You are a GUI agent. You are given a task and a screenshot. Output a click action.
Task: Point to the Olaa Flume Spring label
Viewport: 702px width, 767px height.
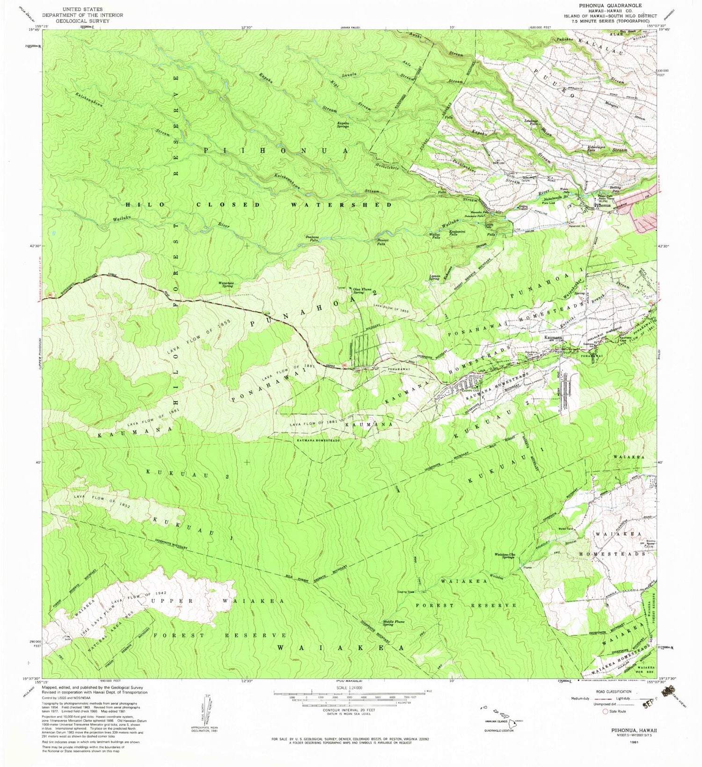[362, 291]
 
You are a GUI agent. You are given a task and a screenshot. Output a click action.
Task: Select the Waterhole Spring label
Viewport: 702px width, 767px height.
[226, 284]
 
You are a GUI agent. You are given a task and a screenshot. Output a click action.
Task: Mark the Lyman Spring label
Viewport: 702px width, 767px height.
[434, 278]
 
